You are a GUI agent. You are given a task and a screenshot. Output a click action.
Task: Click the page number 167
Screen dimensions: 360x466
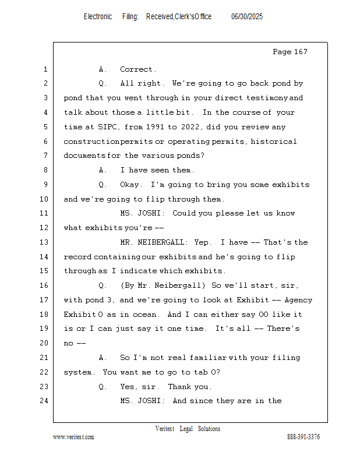tap(301, 52)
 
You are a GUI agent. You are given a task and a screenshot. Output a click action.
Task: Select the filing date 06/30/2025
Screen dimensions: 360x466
tap(247, 17)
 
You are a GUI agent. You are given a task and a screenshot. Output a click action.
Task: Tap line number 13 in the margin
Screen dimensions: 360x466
tap(44, 242)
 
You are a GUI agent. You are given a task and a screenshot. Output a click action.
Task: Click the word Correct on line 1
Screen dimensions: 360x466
tap(136, 69)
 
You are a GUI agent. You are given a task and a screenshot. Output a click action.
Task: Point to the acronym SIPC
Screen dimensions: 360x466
tap(107, 127)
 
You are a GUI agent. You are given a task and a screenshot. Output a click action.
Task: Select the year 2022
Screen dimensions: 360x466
tap(190, 127)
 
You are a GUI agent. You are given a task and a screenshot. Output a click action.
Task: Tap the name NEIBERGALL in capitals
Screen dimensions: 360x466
tap(161, 242)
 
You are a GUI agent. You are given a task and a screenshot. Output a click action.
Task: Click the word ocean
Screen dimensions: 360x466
tap(145, 315)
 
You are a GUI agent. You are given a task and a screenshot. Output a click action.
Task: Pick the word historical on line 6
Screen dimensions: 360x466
tap(274, 142)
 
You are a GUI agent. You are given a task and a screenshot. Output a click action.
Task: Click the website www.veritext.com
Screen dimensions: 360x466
tap(73, 437)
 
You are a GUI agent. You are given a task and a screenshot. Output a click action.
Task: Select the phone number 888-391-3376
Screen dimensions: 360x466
tap(303, 437)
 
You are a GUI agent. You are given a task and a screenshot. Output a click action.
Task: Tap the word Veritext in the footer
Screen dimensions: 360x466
tap(165, 429)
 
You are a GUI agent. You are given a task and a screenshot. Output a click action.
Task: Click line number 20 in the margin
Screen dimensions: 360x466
tap(44, 343)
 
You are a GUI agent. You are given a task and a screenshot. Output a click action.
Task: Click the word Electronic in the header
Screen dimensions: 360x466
tap(98, 17)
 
